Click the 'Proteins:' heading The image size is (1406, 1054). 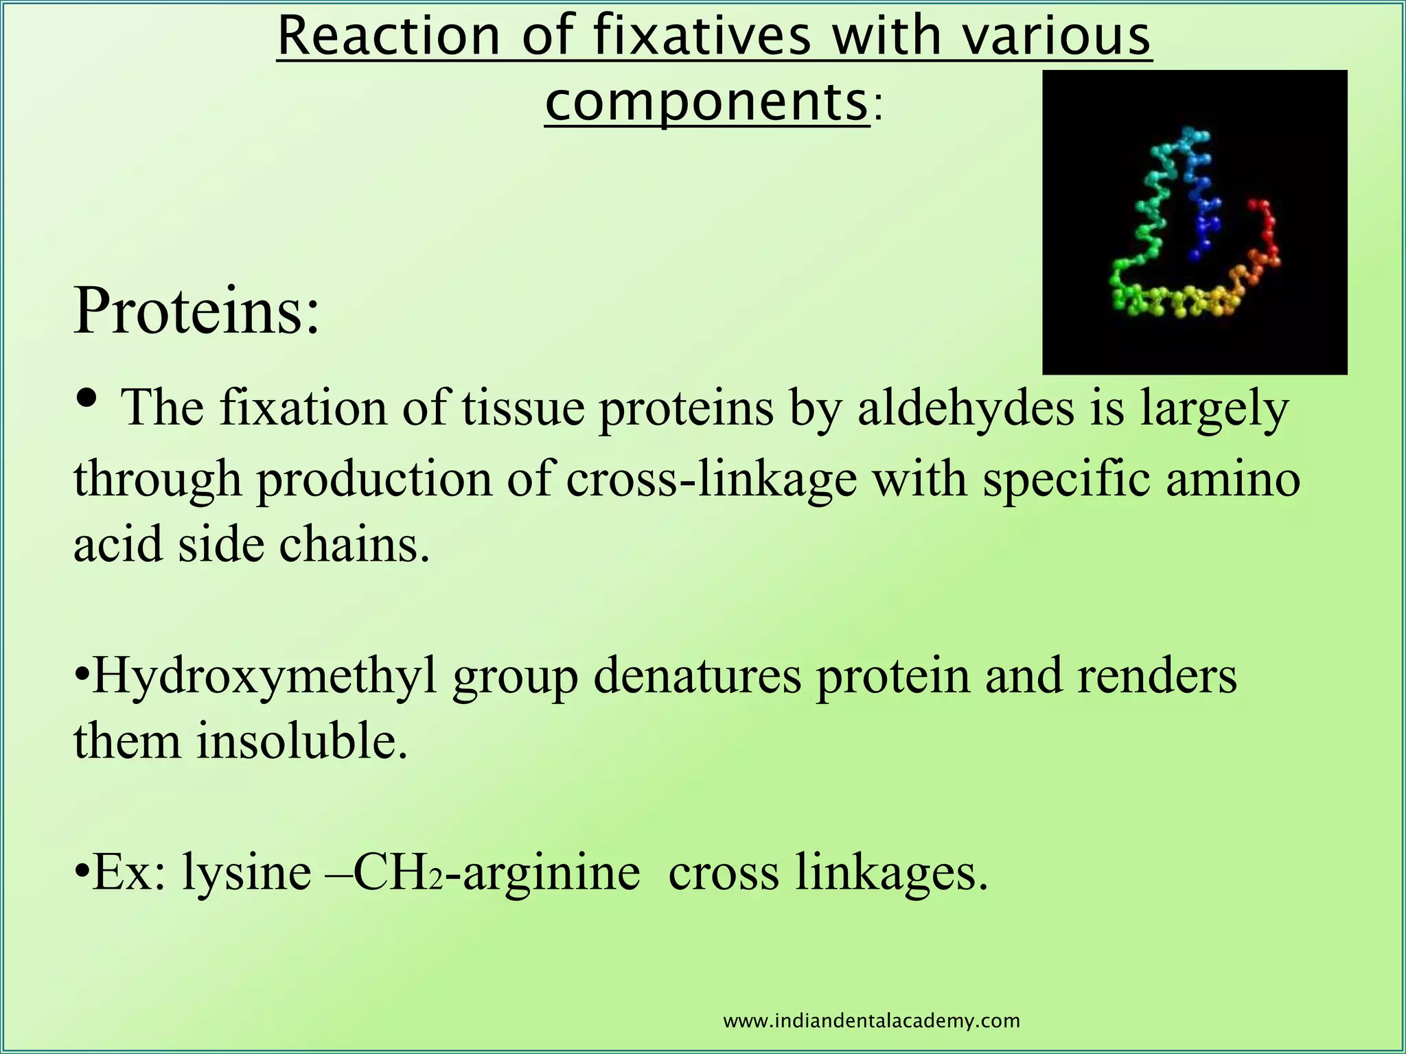pyautogui.click(x=196, y=312)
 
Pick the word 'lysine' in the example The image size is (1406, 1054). pyautogui.click(x=246, y=873)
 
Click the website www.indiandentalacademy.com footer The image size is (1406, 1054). pyautogui.click(x=872, y=1021)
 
